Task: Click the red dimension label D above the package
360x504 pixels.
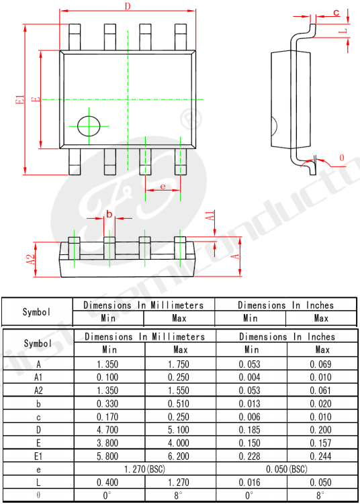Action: (128, 5)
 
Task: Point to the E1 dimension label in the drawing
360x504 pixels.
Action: (20, 99)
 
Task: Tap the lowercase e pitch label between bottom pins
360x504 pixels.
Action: (163, 187)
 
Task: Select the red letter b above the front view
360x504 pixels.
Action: (109, 214)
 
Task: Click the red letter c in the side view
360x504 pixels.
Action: (336, 13)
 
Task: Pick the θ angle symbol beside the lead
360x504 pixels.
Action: (342, 158)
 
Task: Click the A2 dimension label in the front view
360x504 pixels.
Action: (30, 260)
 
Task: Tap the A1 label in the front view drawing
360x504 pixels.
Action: (210, 215)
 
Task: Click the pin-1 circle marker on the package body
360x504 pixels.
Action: (89, 125)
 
